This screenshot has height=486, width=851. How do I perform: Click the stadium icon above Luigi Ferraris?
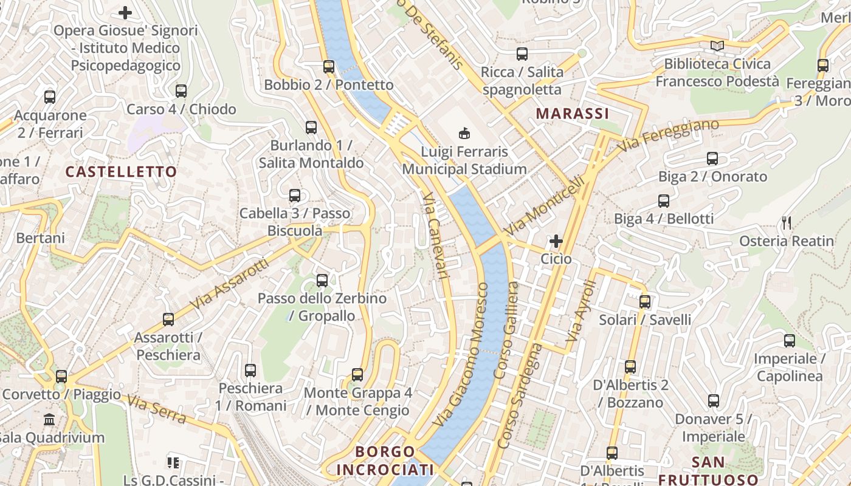[x=464, y=132]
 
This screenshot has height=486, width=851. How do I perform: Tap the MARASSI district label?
[x=572, y=114]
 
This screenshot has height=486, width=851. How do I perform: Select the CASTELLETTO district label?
[x=121, y=172]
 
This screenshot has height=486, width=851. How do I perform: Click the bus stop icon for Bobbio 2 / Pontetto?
[x=329, y=67]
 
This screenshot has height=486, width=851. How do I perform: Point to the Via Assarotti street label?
[x=229, y=284]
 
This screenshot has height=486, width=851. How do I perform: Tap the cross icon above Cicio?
[x=556, y=241]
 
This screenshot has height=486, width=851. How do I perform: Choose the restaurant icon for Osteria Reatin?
[x=787, y=223]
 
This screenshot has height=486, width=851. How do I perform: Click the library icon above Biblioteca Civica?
[x=717, y=46]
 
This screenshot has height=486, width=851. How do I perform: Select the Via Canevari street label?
[x=435, y=237]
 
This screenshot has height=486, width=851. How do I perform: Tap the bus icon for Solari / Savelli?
[x=645, y=301]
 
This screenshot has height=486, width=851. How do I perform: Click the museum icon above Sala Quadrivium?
[x=49, y=419]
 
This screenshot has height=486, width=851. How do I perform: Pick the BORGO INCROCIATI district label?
[x=385, y=460]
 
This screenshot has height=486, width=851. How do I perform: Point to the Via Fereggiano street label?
[x=669, y=135]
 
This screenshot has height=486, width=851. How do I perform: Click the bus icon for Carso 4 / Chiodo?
[x=181, y=91]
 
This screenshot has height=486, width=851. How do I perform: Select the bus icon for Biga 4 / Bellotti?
[x=664, y=200]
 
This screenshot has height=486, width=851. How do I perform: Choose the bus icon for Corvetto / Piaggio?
[x=61, y=376]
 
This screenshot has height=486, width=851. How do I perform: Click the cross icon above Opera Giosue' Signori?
[x=125, y=12]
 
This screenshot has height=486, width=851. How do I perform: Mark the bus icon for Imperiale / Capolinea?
[x=790, y=341]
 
